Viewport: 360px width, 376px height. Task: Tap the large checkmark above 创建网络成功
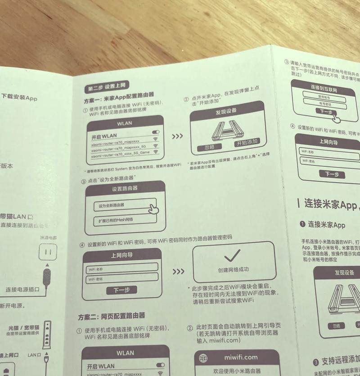pos(233,256)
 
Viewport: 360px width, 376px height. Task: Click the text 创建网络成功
pos(233,270)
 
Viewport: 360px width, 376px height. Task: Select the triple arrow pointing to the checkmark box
pos(179,272)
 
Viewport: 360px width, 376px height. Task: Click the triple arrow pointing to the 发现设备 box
pos(177,136)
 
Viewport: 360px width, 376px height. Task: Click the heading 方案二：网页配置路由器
pos(111,316)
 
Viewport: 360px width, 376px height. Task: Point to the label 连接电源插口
pos(22,289)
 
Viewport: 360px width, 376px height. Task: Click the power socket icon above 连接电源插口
pos(48,253)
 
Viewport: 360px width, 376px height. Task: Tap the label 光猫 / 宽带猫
pos(23,328)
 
